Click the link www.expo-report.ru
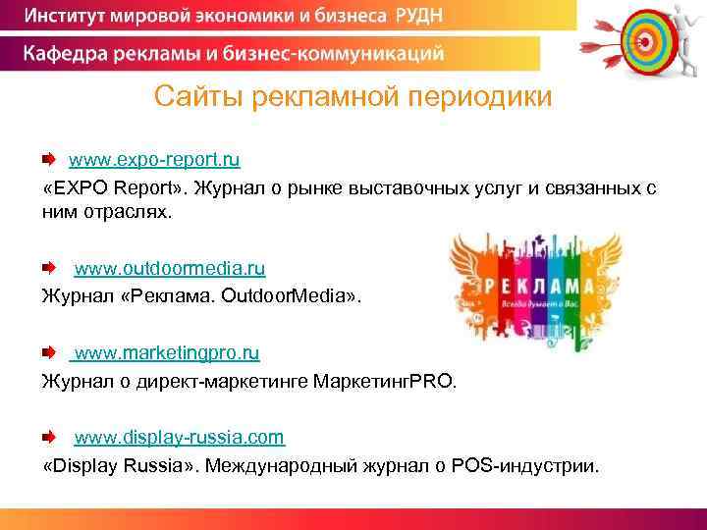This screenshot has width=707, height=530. [x=154, y=158]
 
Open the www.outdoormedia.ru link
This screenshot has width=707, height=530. [x=170, y=268]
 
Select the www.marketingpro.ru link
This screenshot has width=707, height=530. [x=167, y=351]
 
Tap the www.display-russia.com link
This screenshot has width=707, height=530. [x=180, y=436]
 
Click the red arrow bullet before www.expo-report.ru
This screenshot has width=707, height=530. [x=49, y=158]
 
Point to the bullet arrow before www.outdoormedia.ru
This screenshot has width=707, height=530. [x=49, y=268]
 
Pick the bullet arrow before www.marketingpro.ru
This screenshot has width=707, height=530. [x=49, y=351]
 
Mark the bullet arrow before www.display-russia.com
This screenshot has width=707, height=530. [x=49, y=436]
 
